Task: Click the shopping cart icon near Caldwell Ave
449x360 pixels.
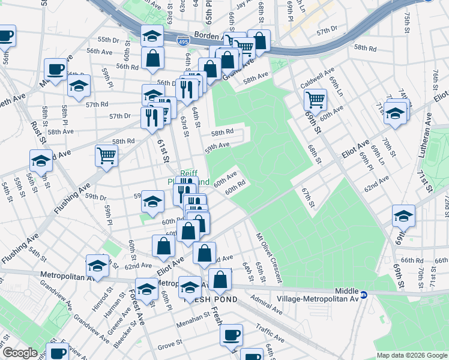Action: click(315, 99)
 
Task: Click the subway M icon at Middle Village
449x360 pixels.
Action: click(364, 295)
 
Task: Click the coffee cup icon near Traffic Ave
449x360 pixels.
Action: click(231, 334)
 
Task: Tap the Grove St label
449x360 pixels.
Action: click(170, 346)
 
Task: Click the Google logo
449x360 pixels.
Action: click(19, 353)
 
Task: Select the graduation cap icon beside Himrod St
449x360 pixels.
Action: click(97, 265)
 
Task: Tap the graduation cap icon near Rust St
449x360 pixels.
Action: click(41, 161)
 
